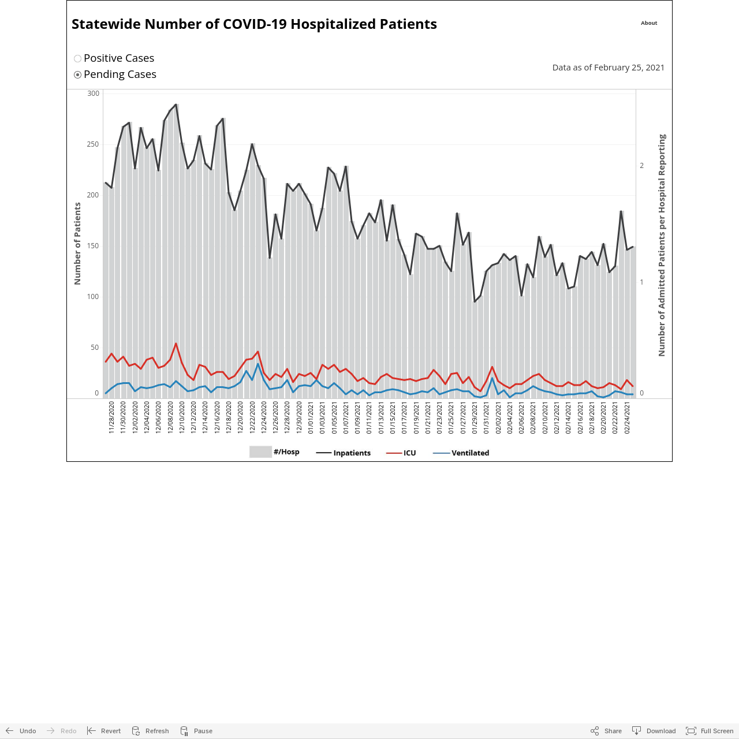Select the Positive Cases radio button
(77, 59)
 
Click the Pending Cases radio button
(77, 75)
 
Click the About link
(649, 23)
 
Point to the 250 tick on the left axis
(93, 144)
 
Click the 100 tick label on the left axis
(93, 296)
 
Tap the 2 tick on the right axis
(641, 166)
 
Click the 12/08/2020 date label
(170, 417)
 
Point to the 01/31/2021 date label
(486, 417)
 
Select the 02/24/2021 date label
(626, 417)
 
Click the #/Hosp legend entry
(274, 451)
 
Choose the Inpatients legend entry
(343, 453)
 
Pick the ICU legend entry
(401, 453)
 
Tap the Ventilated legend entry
(461, 453)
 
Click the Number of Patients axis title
(77, 244)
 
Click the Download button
(654, 731)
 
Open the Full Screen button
(710, 731)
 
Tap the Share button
(606, 731)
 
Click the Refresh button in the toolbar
(150, 731)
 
